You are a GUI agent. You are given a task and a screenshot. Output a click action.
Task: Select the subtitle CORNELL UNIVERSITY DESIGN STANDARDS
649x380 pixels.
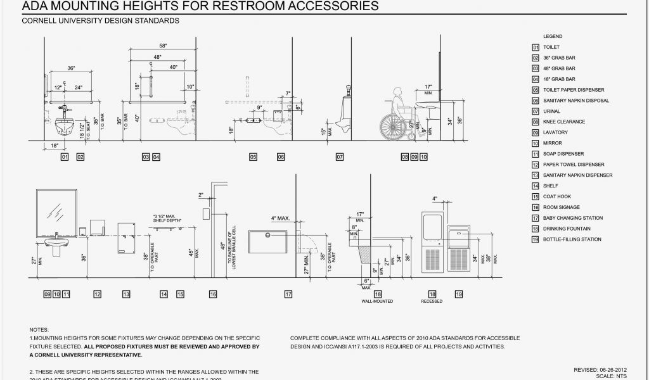100,21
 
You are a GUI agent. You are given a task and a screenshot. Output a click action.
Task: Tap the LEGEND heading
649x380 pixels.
552,37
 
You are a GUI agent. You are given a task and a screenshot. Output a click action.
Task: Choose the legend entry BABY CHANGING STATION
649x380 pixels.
572,218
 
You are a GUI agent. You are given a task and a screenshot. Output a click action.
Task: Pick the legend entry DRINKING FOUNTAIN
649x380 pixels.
567,229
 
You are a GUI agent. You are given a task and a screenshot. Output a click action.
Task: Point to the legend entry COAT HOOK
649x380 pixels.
557,196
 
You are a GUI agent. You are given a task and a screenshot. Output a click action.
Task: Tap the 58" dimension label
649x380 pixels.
163,46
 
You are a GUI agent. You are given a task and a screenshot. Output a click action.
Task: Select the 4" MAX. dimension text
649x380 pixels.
280,218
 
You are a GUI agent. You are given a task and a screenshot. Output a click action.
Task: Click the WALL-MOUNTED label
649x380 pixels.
377,301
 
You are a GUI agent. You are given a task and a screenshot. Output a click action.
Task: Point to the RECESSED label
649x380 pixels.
432,301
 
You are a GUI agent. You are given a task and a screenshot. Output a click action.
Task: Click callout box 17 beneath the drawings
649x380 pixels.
288,294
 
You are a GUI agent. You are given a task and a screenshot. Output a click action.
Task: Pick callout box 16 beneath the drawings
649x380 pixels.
213,294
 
